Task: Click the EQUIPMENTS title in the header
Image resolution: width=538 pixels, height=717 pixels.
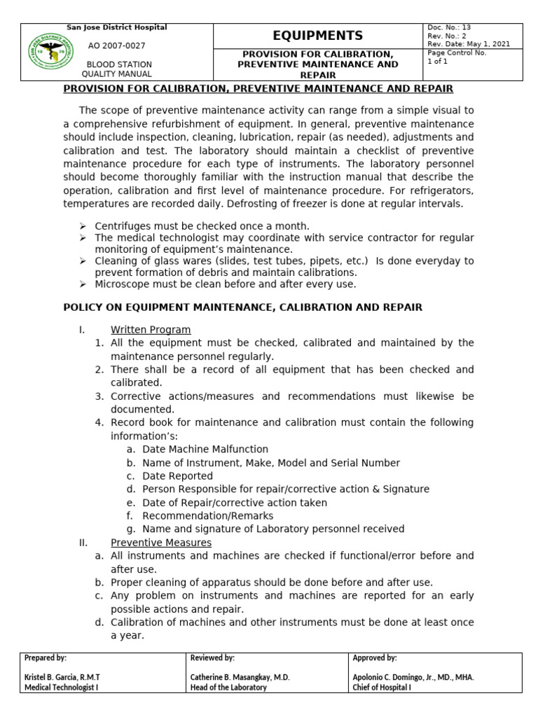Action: [318, 36]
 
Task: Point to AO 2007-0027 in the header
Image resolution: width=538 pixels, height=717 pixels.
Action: [116, 45]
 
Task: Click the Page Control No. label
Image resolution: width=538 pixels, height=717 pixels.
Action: [457, 53]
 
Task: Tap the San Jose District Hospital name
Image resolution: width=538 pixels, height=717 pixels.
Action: [116, 27]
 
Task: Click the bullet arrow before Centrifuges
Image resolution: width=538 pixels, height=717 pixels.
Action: [83, 226]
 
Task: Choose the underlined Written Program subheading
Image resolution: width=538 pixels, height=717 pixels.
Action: [151, 330]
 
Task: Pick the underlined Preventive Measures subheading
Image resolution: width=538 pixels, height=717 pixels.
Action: [161, 543]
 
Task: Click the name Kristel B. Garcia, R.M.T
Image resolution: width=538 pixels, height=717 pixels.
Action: [62, 678]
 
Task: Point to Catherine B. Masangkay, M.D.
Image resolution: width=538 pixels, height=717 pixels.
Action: [240, 678]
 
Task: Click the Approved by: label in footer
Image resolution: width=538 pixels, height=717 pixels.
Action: [375, 658]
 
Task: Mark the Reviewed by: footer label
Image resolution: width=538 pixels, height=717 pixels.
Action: [212, 658]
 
